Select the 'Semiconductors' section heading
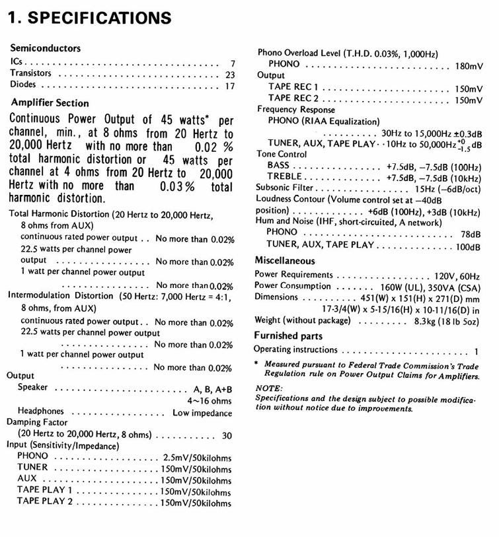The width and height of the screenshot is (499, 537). coord(46,48)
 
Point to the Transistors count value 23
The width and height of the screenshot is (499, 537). coord(229,75)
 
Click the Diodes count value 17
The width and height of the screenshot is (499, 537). coord(229,87)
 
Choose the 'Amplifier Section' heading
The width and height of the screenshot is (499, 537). coord(50,103)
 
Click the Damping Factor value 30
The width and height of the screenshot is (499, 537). coord(227,436)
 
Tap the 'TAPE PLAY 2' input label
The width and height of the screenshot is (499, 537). coord(45,501)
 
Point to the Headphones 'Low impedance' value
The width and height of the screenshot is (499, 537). coord(202,413)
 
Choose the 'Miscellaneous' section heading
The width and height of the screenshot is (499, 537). coord(285,261)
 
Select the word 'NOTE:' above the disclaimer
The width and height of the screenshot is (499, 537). coord(268,388)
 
